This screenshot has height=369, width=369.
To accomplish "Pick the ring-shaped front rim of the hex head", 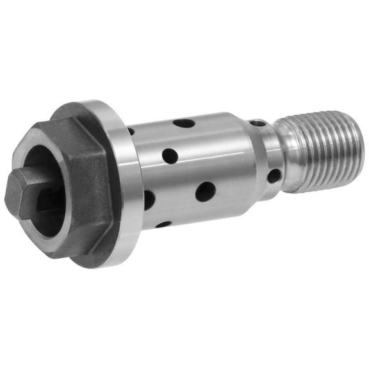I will (38, 154).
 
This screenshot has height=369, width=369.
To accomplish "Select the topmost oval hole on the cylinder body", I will (184, 122).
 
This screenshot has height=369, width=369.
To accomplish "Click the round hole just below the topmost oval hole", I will (170, 156).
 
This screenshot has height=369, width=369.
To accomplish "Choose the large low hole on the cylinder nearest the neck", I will (206, 190).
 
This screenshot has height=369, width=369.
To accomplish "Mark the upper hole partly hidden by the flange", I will (131, 131).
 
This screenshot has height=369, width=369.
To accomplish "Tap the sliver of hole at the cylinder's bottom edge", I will (163, 224).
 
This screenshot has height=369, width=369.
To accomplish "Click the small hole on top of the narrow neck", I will (258, 122).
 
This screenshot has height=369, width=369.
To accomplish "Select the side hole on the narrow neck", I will (273, 176).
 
